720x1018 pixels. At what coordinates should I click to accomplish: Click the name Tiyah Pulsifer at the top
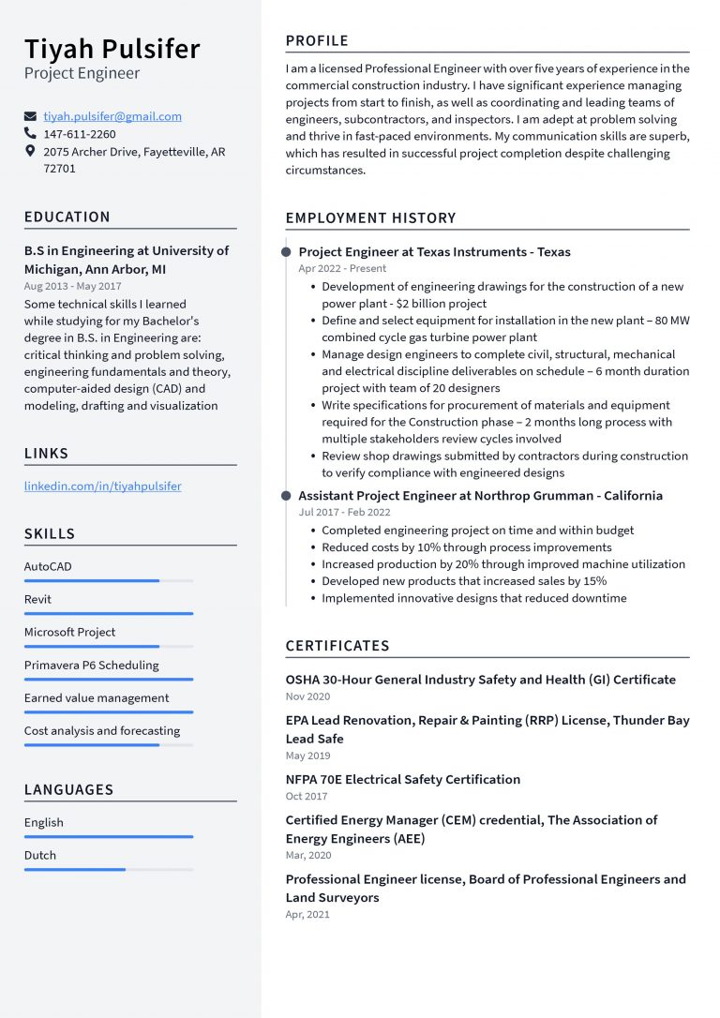[x=112, y=48]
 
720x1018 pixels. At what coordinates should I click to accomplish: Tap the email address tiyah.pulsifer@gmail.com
[x=112, y=116]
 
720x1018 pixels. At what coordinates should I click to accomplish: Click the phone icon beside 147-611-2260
[x=30, y=134]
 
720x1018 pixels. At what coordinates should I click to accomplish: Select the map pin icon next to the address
[x=30, y=151]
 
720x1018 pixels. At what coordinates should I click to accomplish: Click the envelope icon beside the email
[x=30, y=117]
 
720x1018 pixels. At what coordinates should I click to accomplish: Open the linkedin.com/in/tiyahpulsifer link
[x=102, y=487]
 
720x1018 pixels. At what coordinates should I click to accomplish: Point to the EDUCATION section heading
[x=67, y=217]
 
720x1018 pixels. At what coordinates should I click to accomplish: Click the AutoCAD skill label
[x=48, y=566]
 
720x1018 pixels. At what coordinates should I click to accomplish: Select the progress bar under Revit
[x=108, y=614]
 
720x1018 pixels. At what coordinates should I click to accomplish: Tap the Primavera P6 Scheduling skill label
[x=91, y=665]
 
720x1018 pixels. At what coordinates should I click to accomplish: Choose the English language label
[x=44, y=822]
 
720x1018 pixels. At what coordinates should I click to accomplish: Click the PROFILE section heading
[x=317, y=40]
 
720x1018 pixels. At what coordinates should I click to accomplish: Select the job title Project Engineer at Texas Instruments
[x=434, y=251]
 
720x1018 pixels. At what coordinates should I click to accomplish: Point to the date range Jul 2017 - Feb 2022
[x=344, y=512]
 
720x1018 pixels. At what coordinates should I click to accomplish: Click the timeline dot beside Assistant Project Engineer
[x=286, y=496]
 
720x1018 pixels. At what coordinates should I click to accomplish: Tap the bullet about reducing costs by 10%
[x=466, y=547]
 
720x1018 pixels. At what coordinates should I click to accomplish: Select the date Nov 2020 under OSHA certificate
[x=307, y=696]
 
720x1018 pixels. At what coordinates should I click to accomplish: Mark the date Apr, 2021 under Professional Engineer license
[x=307, y=914]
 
